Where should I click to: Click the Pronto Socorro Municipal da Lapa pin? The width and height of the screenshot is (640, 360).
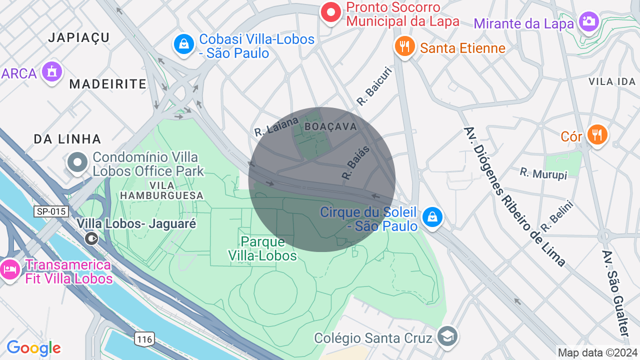click(330, 12)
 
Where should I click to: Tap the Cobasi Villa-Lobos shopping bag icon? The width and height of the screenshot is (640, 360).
click(184, 44)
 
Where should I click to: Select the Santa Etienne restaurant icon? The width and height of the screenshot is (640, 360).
click(404, 46)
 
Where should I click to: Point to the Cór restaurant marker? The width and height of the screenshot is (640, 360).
click(596, 134)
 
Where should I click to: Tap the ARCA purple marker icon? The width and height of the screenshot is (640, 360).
click(52, 72)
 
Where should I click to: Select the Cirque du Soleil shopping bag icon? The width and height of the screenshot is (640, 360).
click(431, 217)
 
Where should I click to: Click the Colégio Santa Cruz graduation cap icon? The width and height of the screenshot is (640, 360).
click(446, 336)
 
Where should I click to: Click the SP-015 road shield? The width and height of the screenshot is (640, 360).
click(51, 211)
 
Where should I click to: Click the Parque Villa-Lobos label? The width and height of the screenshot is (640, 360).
click(262, 248)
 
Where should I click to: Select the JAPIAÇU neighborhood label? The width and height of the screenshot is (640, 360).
click(79, 37)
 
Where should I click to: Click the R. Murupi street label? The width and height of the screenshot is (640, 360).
click(543, 173)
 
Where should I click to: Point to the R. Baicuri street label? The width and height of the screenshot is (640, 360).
click(374, 86)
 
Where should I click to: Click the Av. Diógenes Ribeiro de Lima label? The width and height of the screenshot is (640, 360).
click(514, 196)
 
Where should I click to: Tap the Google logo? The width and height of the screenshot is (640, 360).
click(33, 348)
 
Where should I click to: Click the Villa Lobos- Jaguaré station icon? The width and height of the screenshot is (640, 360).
click(91, 238)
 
